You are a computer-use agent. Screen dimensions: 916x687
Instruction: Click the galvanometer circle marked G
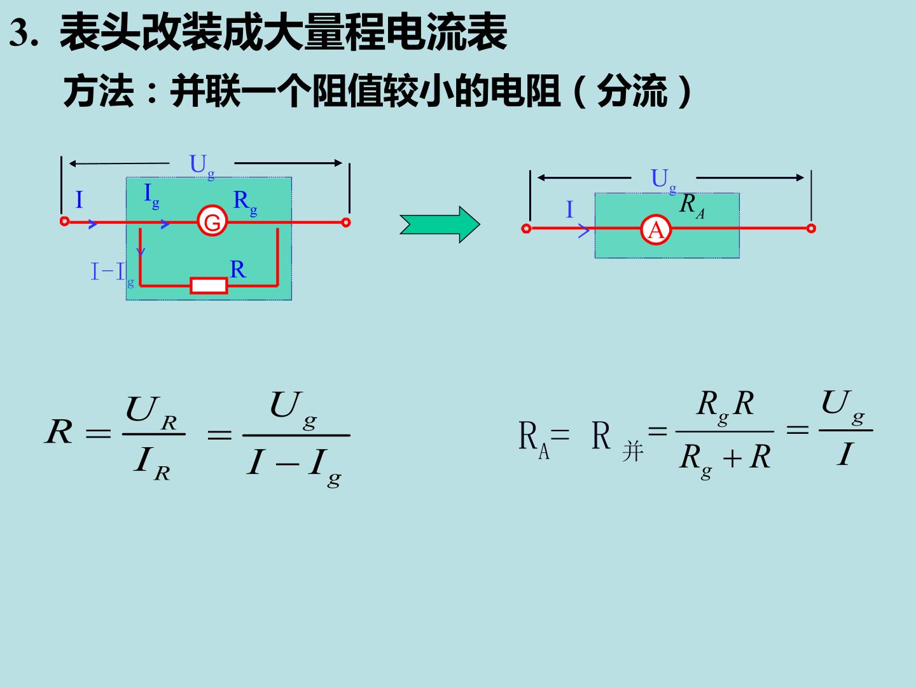212,221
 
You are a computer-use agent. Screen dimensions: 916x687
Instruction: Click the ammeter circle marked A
656,230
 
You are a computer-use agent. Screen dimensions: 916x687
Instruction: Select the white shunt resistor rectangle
209,286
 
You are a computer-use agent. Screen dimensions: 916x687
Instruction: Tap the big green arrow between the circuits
440,225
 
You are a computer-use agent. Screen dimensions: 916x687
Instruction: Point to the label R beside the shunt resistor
238,269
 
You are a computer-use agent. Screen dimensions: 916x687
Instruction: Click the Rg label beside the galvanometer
245,202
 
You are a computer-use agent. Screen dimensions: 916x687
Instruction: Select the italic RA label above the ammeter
692,206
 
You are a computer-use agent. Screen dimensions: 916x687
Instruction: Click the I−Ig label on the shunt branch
112,274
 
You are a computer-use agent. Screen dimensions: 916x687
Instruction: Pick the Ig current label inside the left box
151,196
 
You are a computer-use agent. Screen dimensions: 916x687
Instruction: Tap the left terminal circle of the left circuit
64,221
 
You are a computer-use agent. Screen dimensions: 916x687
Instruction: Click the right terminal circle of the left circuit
345,223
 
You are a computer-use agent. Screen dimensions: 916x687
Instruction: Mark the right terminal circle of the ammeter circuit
811,228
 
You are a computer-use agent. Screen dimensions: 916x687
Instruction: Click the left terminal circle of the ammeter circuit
526,228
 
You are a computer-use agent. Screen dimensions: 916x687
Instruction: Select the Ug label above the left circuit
202,166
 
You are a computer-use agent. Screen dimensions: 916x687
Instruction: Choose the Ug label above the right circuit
663,181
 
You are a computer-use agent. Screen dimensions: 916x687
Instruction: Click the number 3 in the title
18,33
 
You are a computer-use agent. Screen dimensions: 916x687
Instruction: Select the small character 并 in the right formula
633,452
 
